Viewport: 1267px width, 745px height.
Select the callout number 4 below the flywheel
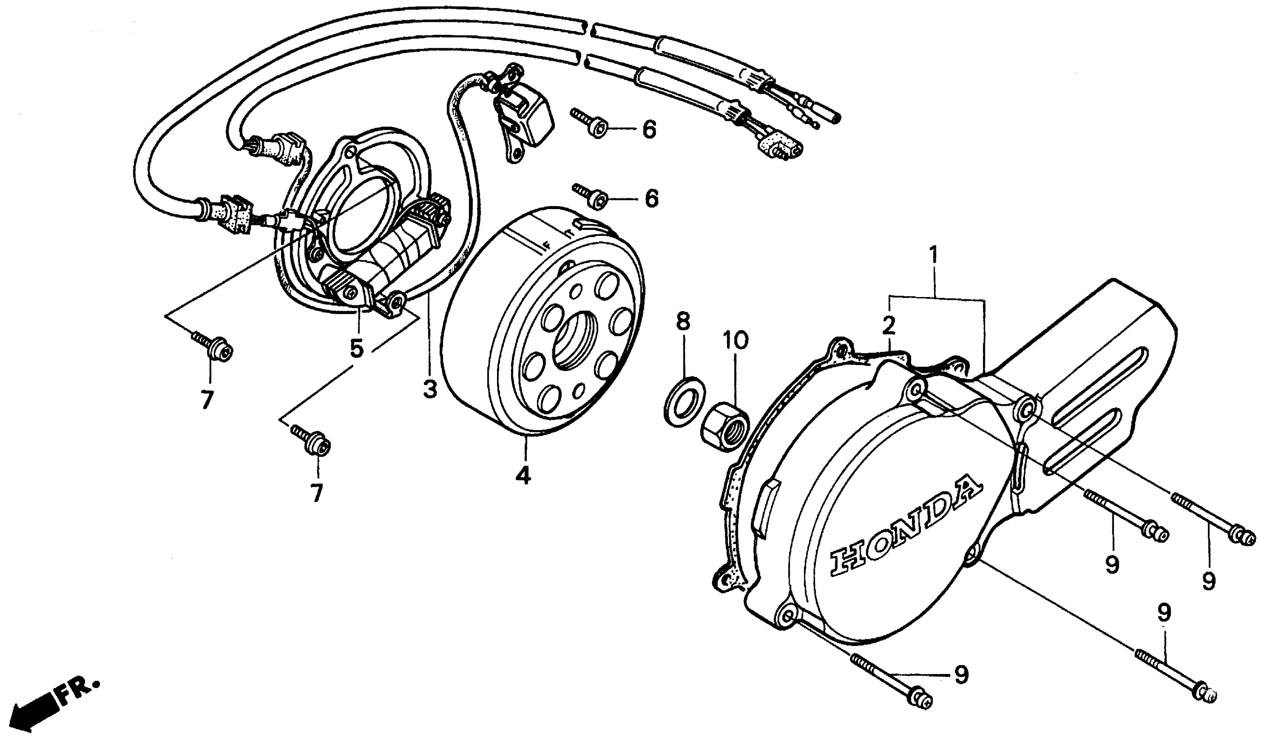pyautogui.click(x=523, y=475)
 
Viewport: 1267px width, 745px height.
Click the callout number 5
pyautogui.click(x=356, y=348)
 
